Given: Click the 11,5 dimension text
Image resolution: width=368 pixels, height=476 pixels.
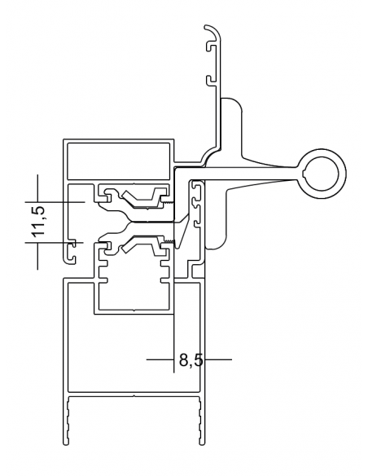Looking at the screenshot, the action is pyautogui.click(x=37, y=222).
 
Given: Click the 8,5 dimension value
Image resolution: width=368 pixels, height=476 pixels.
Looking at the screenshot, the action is pyautogui.click(x=191, y=358).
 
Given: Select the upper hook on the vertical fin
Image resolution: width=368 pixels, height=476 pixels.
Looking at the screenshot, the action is pyautogui.click(x=209, y=47).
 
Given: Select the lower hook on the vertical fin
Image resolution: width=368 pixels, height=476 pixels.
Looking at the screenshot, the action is pyautogui.click(x=209, y=80).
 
